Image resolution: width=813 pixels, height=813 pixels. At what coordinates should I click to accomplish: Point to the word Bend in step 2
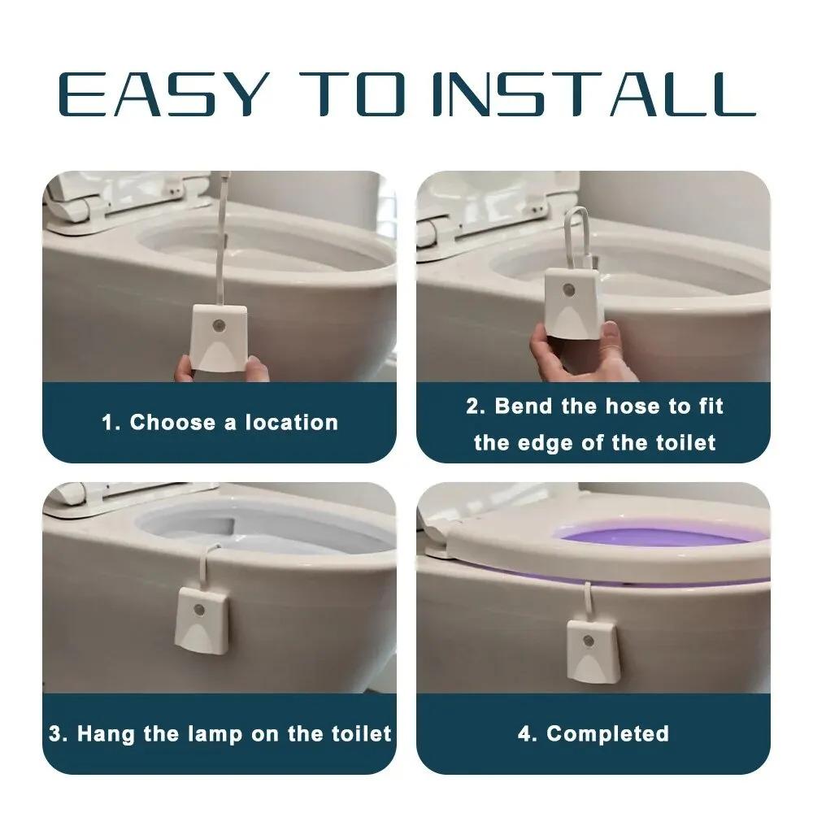click(x=523, y=406)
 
